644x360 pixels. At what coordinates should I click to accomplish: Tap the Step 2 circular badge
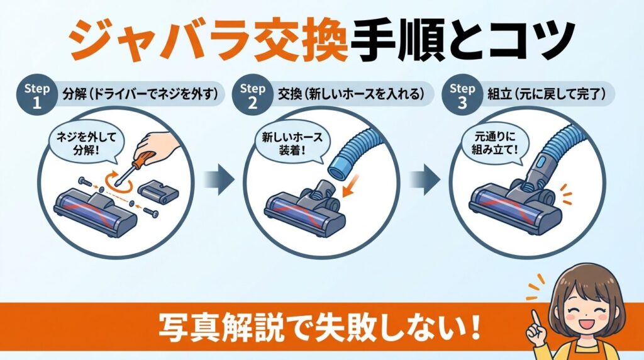tap(253, 94)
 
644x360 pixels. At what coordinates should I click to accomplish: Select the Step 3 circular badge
tap(463, 94)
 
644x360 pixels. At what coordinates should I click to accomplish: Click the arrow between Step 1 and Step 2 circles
tap(221, 180)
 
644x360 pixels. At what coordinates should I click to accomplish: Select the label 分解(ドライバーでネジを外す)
tap(141, 94)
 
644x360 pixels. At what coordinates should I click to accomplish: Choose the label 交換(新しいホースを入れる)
tap(355, 94)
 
